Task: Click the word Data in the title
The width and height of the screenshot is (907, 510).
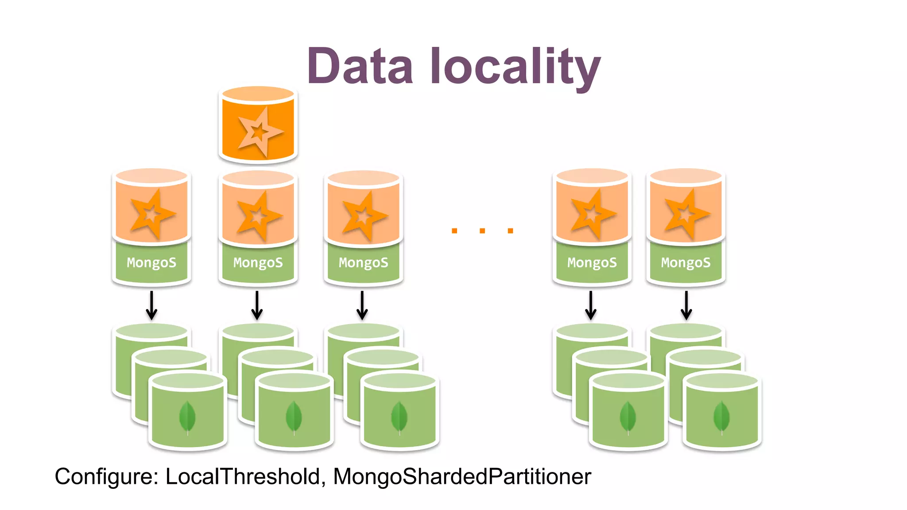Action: pyautogui.click(x=360, y=66)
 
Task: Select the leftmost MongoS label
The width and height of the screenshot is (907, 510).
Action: pyautogui.click(x=151, y=263)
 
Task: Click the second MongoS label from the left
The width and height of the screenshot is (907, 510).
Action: pyautogui.click(x=258, y=263)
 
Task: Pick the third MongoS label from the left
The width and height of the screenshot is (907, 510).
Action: pyautogui.click(x=363, y=263)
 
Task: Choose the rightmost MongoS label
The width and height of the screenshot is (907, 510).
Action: pyautogui.click(x=686, y=263)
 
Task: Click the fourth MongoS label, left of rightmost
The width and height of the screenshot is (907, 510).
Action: pyautogui.click(x=592, y=263)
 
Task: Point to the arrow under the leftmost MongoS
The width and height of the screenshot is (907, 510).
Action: pyautogui.click(x=151, y=305)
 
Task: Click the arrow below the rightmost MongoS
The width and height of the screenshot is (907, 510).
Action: pyautogui.click(x=686, y=305)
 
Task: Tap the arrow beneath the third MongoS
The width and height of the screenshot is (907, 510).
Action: pyautogui.click(x=362, y=305)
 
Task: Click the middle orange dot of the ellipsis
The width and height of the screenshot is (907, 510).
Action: pyautogui.click(x=482, y=231)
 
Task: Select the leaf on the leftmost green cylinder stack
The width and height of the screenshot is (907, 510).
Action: pyautogui.click(x=187, y=417)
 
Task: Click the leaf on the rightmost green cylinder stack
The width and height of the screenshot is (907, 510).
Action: pyautogui.click(x=721, y=417)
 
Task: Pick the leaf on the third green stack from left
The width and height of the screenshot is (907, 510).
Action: pyautogui.click(x=399, y=417)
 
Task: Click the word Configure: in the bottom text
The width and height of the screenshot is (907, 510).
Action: pyautogui.click(x=106, y=477)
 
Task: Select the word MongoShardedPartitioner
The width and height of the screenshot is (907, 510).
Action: pyautogui.click(x=462, y=477)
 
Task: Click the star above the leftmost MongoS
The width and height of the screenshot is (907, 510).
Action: pyautogui.click(x=151, y=214)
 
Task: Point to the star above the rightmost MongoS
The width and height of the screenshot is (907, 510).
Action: pyautogui.click(x=686, y=214)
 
